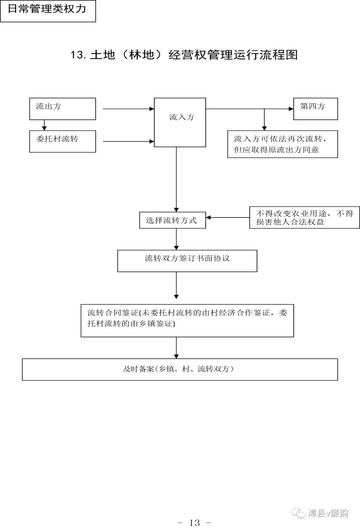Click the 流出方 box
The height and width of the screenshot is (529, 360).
tap(62, 109)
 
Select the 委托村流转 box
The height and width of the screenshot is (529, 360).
tap(62, 141)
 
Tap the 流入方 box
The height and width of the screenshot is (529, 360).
tap(180, 122)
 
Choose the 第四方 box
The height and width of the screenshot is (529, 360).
tap(315, 109)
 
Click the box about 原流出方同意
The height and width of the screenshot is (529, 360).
tap(282, 144)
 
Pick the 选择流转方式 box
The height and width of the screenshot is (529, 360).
tap(172, 220)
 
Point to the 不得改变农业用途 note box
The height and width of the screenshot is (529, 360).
tap(304, 217)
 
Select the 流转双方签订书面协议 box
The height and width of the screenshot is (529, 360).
tap(187, 261)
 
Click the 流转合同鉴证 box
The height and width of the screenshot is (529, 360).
tap(187, 320)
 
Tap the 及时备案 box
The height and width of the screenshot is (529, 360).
tap(180, 369)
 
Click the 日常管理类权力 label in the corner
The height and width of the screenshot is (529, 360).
tap(48, 10)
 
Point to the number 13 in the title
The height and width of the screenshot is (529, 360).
tap(78, 55)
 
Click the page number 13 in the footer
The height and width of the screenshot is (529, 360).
tap(194, 522)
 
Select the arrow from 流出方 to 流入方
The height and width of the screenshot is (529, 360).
tap(128, 109)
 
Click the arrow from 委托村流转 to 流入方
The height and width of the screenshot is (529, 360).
tap(128, 141)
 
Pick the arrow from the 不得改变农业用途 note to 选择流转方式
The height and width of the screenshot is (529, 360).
tap(228, 218)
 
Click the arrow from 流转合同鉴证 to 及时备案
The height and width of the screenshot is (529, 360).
tap(176, 348)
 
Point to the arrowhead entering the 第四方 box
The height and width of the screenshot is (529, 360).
tap(291, 109)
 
